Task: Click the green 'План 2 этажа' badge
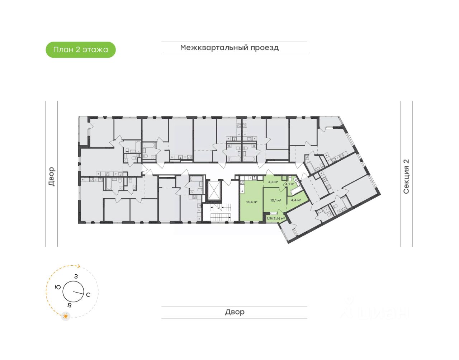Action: tap(81, 50)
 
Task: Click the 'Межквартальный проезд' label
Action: tap(229, 48)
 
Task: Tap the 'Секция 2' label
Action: tap(406, 176)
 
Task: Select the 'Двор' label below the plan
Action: tap(235, 312)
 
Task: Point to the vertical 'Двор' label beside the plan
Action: tap(52, 176)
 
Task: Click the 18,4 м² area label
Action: tap(251, 202)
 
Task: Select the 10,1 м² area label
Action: tap(275, 200)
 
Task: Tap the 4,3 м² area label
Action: tap(273, 182)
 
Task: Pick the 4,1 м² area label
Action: tap(289, 184)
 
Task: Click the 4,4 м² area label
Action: tap(296, 200)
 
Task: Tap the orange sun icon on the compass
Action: tap(66, 316)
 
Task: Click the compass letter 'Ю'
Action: tap(57, 287)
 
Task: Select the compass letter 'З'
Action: tap(76, 276)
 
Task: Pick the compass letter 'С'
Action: tap(88, 295)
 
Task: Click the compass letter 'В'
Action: tap(70, 305)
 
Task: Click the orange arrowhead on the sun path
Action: tap(79, 266)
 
